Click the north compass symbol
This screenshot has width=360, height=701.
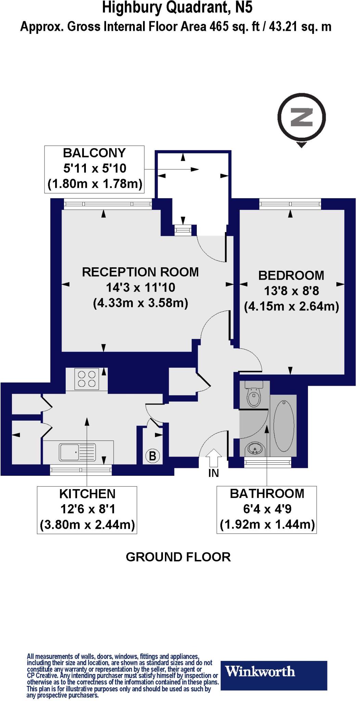(x=301, y=117)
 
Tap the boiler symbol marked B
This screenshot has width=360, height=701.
(x=153, y=456)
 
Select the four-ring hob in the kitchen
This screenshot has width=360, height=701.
(x=87, y=379)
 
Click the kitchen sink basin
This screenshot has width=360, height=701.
(x=69, y=452)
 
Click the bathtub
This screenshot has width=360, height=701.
(x=284, y=426)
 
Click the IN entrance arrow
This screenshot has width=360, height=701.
(x=214, y=458)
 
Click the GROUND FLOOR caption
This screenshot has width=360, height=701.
(x=178, y=557)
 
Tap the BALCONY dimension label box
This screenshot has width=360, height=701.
(x=94, y=169)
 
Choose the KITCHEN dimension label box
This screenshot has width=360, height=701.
(x=87, y=510)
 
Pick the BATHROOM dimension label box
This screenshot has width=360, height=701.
(x=267, y=509)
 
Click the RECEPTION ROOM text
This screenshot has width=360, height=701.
(x=140, y=272)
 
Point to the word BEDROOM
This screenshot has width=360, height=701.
(x=291, y=276)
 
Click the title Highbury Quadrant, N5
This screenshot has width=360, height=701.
(x=177, y=8)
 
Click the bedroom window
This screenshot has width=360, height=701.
(x=290, y=205)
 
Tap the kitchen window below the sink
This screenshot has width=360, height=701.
(x=81, y=470)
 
